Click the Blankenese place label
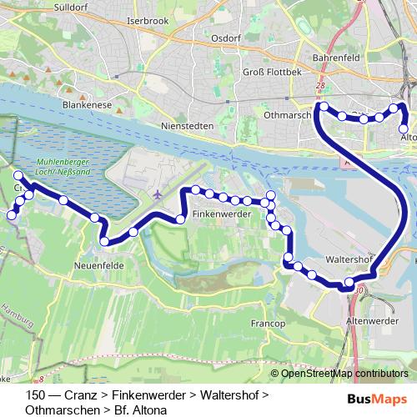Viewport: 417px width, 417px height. tap(86, 105)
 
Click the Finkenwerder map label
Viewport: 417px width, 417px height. tap(222, 214)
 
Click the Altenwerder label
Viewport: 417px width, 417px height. tap(370, 319)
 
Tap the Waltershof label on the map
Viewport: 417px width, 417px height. tap(349, 259)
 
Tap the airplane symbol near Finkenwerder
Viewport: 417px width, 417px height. tap(158, 193)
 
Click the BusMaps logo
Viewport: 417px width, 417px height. tap(379, 400)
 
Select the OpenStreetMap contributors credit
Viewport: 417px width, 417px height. tap(342, 374)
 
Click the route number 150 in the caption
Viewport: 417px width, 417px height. tap(36, 394)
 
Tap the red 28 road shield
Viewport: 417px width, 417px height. tap(322, 85)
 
